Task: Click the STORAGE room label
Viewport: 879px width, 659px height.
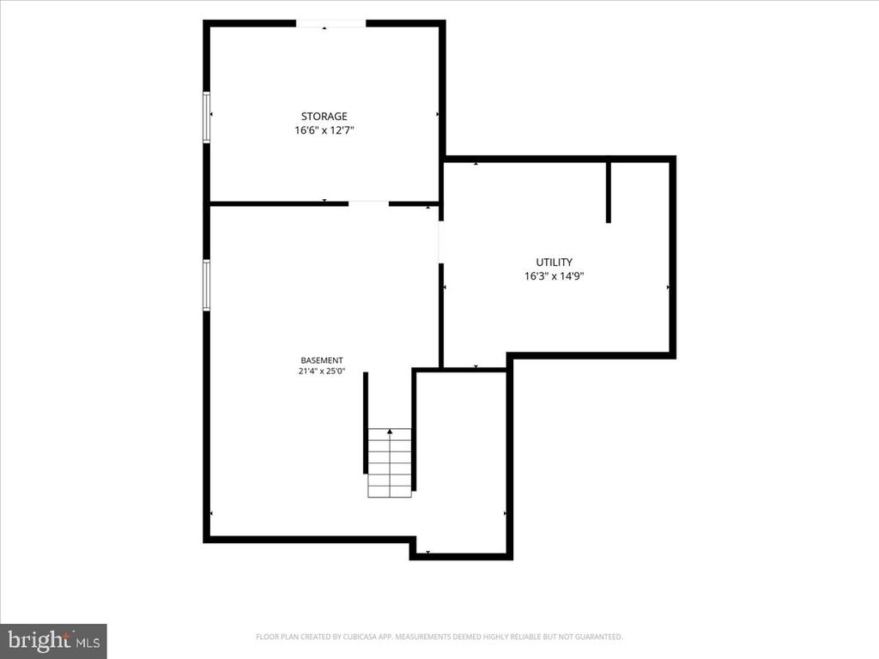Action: [324, 117]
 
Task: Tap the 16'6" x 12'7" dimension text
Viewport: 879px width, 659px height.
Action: [324, 130]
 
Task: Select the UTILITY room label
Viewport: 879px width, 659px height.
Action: [554, 263]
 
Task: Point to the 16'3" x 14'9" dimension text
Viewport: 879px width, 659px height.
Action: [554, 276]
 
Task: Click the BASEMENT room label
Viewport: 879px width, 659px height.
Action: [322, 360]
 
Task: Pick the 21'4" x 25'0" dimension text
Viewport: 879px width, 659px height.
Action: [322, 371]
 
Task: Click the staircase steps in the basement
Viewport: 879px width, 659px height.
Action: [390, 463]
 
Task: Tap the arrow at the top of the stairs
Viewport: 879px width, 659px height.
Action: [390, 432]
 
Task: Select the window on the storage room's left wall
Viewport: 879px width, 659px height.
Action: [206, 117]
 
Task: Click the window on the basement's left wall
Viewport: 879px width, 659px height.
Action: [206, 285]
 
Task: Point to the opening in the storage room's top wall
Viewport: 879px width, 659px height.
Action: [330, 23]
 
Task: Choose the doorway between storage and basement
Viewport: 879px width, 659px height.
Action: [368, 203]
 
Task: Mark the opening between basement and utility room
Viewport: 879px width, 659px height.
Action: [441, 242]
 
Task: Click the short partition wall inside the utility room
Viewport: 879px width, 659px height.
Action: [609, 192]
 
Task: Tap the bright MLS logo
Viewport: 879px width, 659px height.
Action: [53, 640]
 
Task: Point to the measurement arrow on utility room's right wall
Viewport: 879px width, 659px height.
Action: [668, 287]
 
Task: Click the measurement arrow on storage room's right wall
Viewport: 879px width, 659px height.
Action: [438, 114]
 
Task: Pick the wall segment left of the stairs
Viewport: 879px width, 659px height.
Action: [366, 423]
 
